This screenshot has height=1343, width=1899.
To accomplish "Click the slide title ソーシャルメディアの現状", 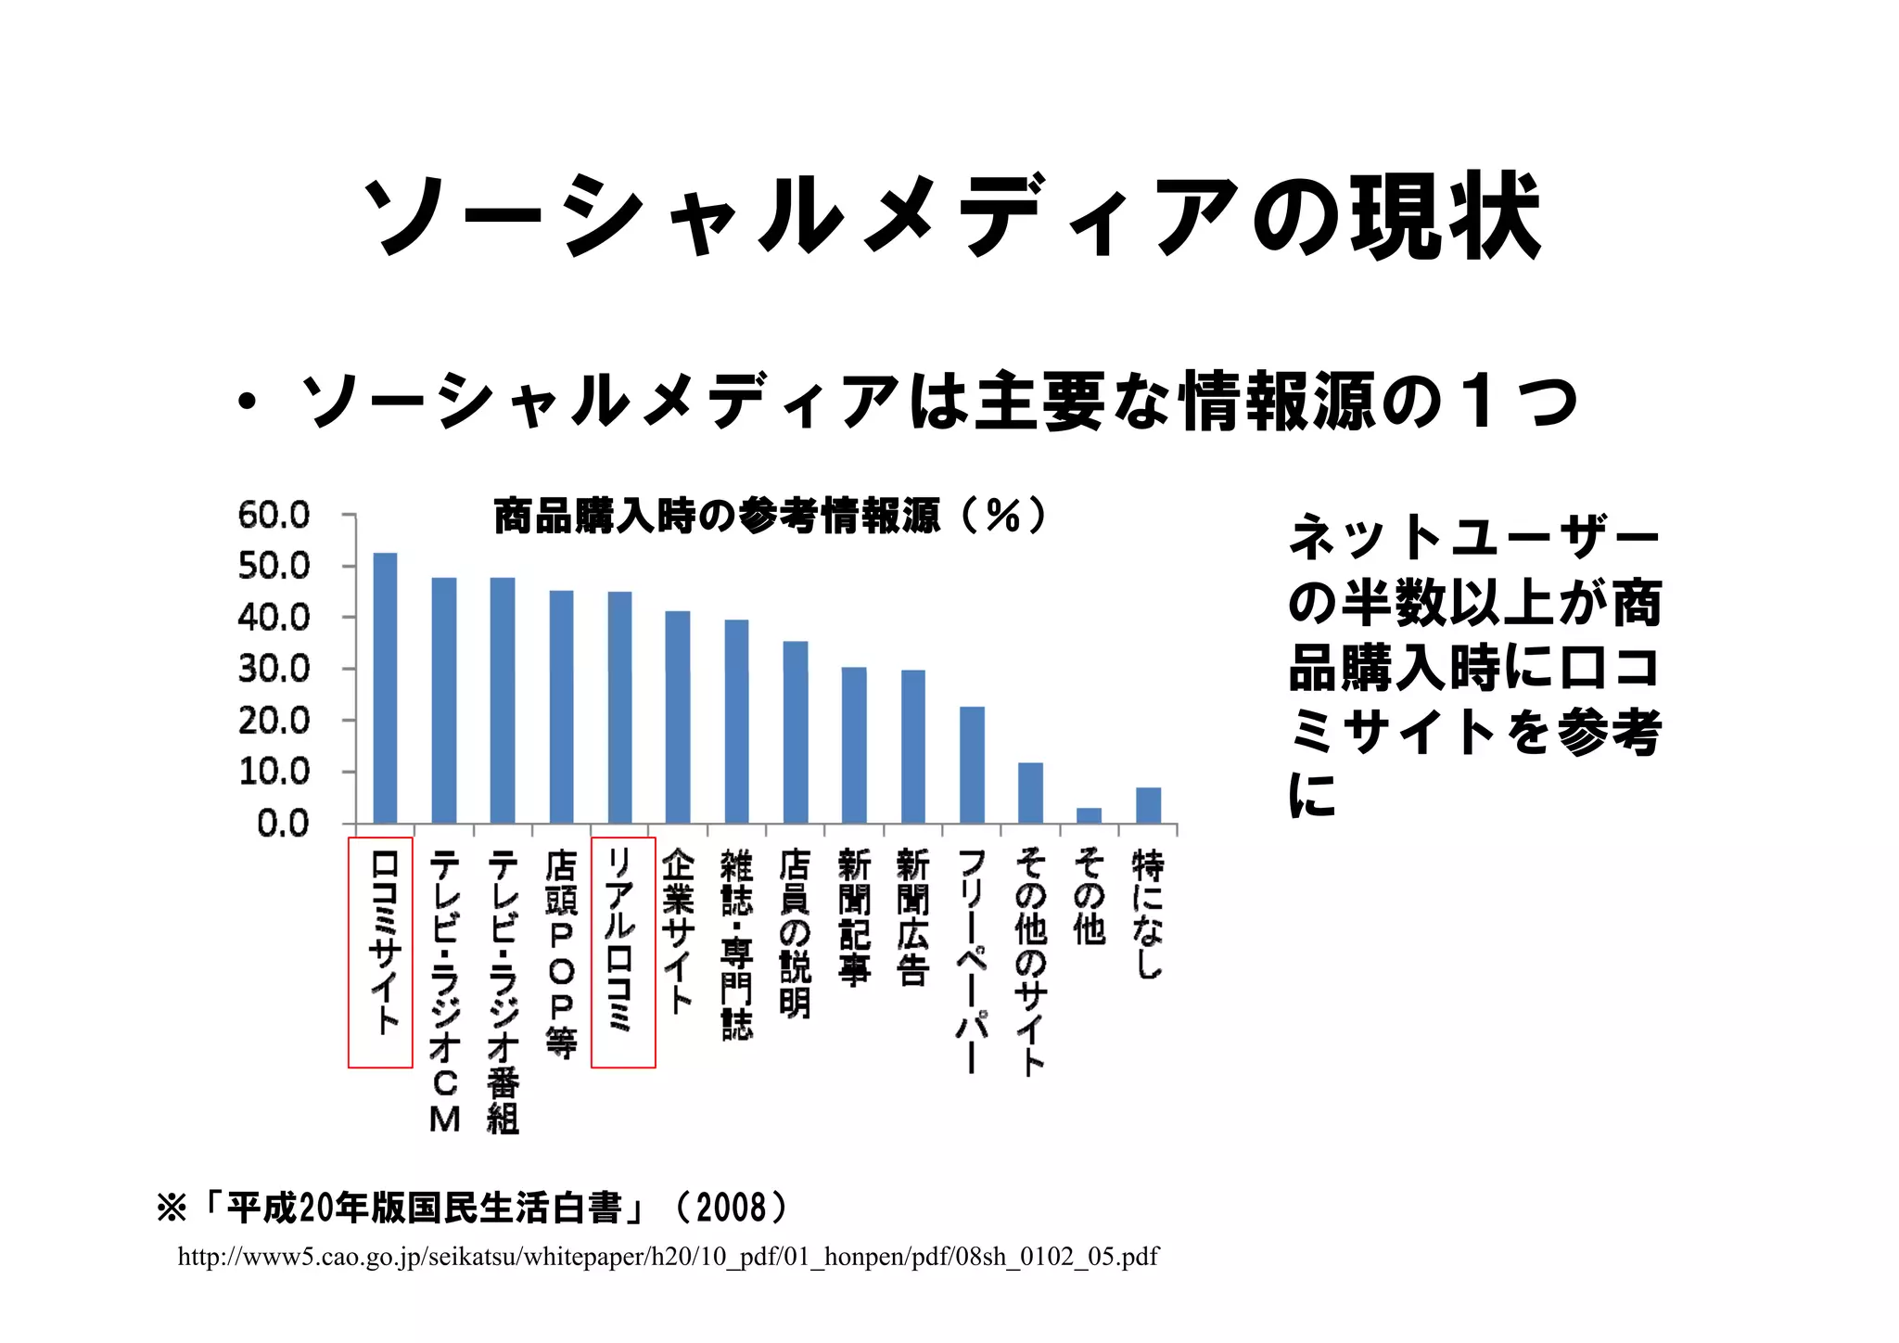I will pyautogui.click(x=949, y=215).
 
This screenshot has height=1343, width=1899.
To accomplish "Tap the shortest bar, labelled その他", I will pyautogui.click(x=1090, y=815).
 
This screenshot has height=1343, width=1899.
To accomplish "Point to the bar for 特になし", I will pyautogui.click(x=1148, y=805).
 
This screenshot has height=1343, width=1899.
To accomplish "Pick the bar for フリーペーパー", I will pyautogui.click(x=972, y=765).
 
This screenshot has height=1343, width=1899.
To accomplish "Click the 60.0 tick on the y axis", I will pyautogui.click(x=274, y=515).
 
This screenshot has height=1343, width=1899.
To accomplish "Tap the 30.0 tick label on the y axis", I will pyautogui.click(x=274, y=669).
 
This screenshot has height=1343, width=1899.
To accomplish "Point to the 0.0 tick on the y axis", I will pyautogui.click(x=283, y=823).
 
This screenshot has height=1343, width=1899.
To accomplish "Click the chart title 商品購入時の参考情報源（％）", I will pyautogui.click(x=770, y=516).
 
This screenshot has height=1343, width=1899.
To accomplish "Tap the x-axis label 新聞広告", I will pyautogui.click(x=912, y=917).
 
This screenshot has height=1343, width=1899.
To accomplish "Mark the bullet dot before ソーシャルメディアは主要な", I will pyautogui.click(x=246, y=403).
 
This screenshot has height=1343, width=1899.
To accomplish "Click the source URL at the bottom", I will pyautogui.click(x=668, y=1257).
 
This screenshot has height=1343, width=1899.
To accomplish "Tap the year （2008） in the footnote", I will pyautogui.click(x=733, y=1208).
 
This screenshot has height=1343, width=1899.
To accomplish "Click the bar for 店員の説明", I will pyautogui.click(x=796, y=732).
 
